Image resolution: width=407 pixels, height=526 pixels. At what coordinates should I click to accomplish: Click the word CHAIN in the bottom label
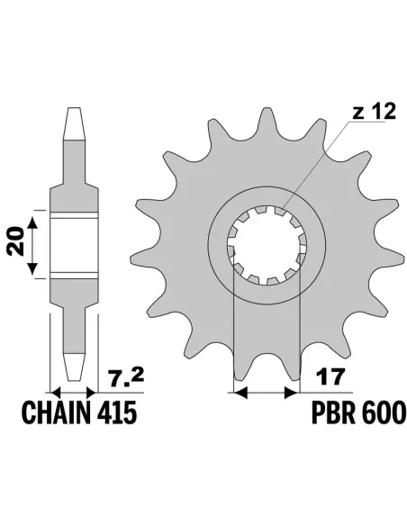61,417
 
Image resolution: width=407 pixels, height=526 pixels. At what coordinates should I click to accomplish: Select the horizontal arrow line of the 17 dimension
266,393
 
